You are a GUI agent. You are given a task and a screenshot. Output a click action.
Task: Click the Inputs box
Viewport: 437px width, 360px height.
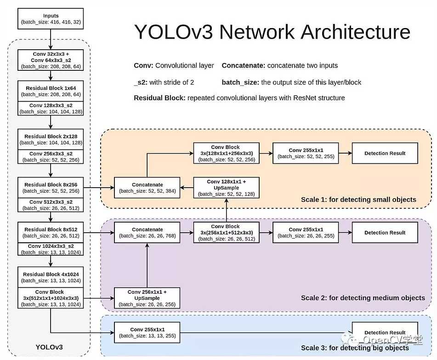click(51, 19)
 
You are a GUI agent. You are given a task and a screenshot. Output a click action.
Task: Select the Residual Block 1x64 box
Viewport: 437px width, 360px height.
click(51, 91)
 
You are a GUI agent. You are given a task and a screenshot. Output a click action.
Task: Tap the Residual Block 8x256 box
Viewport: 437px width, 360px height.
click(51, 188)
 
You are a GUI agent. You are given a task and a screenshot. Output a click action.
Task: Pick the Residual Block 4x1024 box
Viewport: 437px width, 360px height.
click(51, 277)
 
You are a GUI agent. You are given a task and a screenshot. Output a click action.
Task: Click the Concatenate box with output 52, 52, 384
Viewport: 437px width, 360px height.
click(147, 188)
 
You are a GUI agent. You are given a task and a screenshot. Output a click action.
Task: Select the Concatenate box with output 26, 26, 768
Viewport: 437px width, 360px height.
click(147, 233)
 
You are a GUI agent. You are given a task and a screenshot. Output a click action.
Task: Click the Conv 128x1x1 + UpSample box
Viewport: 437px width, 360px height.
click(226, 188)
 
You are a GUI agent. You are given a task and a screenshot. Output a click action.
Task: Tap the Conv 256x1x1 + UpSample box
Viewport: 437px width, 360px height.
click(147, 298)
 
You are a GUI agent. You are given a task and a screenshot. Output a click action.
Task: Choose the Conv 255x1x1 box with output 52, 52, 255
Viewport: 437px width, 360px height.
click(306, 153)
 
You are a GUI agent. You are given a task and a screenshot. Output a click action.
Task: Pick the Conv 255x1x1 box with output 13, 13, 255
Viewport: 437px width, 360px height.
click(147, 332)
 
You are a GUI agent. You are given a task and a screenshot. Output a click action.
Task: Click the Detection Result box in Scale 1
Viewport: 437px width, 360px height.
click(385, 153)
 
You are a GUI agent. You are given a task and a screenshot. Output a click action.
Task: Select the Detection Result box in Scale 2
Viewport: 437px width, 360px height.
click(385, 233)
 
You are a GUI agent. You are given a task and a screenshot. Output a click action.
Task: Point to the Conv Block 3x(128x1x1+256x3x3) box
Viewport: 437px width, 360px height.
click(226, 153)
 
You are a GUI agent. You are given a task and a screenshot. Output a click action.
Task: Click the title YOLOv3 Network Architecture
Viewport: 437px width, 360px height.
click(272, 32)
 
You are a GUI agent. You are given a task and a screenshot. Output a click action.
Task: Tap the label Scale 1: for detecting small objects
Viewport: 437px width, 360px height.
click(358, 200)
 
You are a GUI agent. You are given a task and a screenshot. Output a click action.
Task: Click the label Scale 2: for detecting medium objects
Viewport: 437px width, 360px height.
click(363, 298)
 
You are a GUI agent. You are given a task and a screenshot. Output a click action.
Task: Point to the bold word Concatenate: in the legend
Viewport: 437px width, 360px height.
click(243, 66)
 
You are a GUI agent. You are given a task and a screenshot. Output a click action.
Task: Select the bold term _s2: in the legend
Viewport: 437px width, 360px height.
click(141, 82)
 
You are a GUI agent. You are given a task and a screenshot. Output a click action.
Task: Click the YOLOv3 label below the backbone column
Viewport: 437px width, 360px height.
click(49, 347)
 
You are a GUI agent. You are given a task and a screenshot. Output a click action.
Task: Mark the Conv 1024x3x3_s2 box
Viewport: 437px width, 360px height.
click(51, 249)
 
